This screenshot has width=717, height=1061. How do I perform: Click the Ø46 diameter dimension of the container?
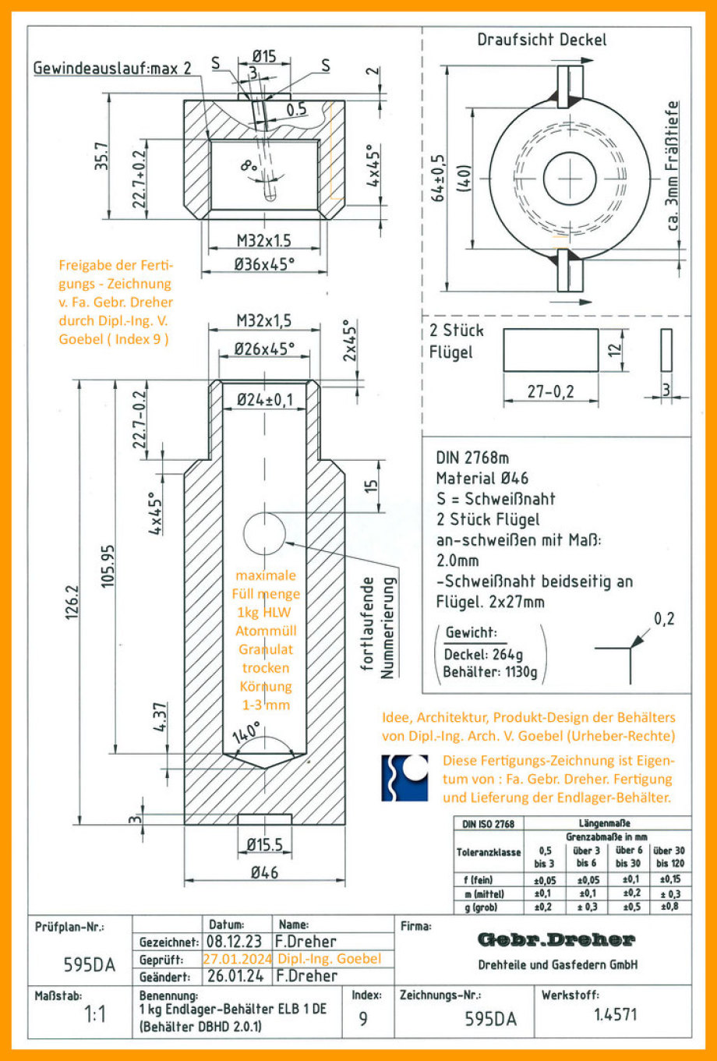264,872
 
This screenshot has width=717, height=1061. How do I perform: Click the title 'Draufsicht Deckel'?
541,39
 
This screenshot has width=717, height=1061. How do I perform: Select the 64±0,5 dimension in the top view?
438,175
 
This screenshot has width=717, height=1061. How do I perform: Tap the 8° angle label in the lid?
249,166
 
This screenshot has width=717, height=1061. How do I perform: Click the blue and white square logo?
404,777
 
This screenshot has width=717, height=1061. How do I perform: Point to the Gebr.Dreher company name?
556,939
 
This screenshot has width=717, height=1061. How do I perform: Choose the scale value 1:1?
94,1015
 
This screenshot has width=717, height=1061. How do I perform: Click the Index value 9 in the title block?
363,1018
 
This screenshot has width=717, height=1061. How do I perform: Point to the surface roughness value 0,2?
664,619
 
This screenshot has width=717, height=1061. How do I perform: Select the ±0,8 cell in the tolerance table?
669,907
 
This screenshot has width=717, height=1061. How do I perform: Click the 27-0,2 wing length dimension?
550,391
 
